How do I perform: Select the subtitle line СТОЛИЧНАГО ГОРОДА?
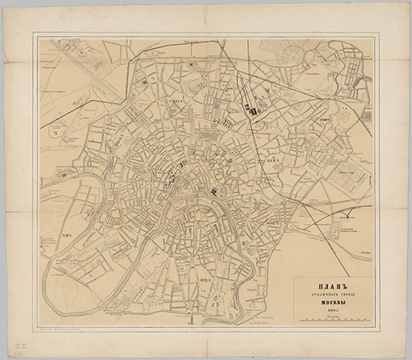333,294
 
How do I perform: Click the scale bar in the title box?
333,322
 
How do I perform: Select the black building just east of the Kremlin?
216,189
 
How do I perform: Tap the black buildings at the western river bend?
64,175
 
